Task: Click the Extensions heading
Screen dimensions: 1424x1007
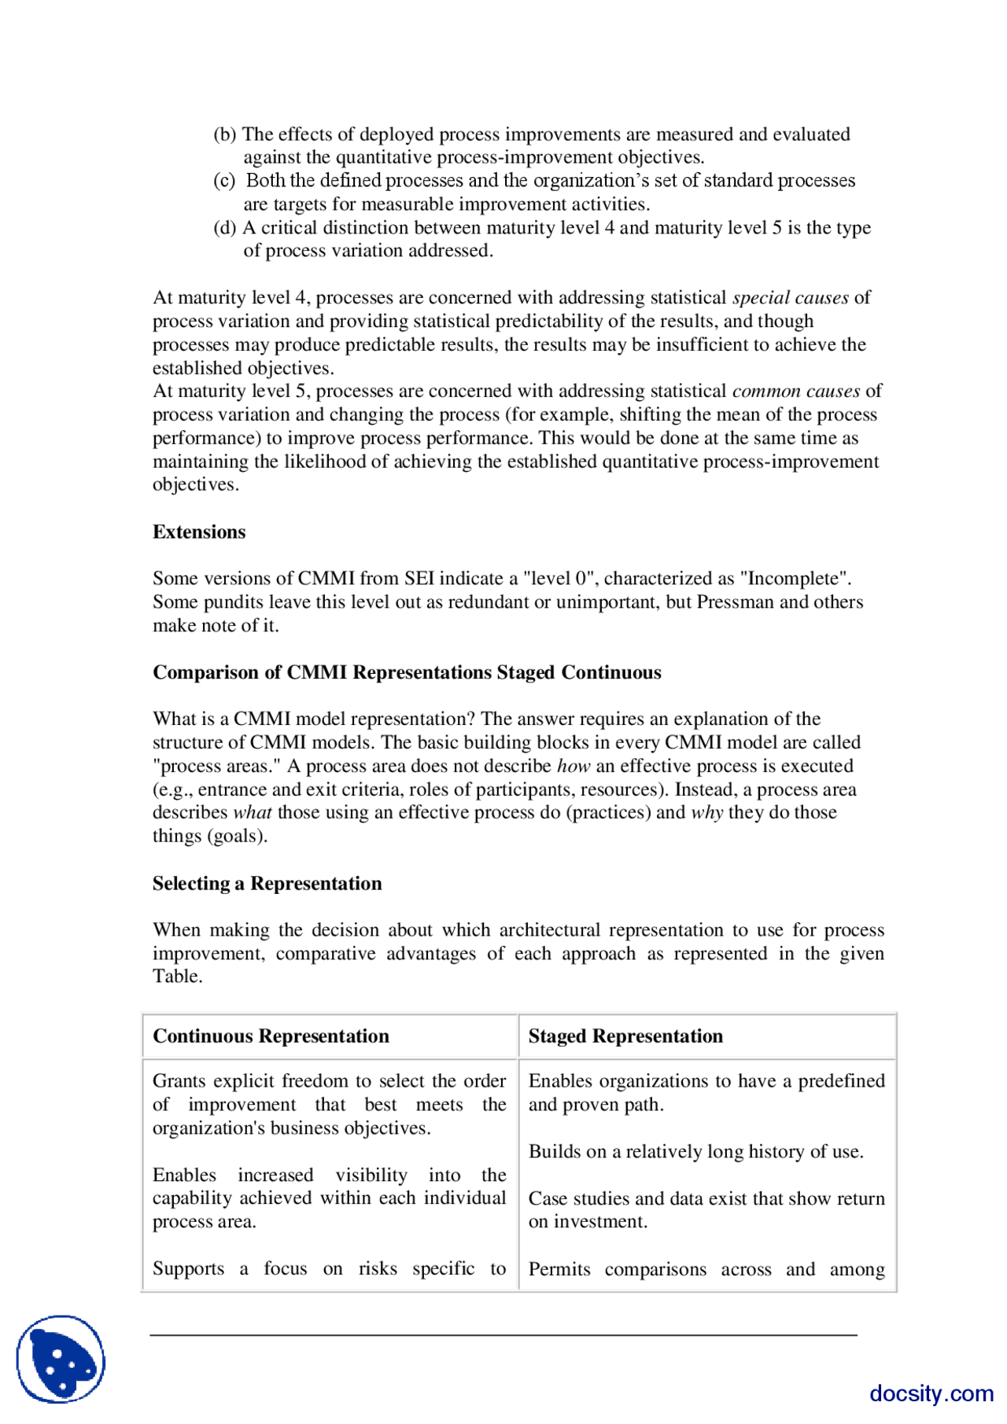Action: (x=198, y=532)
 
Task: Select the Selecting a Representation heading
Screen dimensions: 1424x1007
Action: (x=267, y=884)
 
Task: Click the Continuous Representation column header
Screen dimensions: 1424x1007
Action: (x=271, y=1036)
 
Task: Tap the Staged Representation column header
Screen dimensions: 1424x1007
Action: (x=625, y=1036)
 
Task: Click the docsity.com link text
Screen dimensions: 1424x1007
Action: (x=931, y=1393)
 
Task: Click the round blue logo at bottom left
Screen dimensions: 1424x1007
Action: (x=61, y=1359)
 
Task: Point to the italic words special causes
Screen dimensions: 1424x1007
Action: (x=790, y=298)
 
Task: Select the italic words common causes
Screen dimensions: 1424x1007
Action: (x=795, y=392)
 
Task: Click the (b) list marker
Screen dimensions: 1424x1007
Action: (x=225, y=134)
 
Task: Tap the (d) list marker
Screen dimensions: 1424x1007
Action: (x=225, y=228)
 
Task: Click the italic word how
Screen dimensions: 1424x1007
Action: (x=573, y=767)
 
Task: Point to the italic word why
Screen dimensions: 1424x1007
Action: (x=706, y=813)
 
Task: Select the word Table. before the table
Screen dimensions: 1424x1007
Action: (x=177, y=977)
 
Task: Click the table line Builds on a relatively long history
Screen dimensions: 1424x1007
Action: (x=695, y=1152)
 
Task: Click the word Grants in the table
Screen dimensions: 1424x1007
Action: (x=179, y=1081)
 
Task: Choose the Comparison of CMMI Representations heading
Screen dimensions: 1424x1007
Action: (x=407, y=673)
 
